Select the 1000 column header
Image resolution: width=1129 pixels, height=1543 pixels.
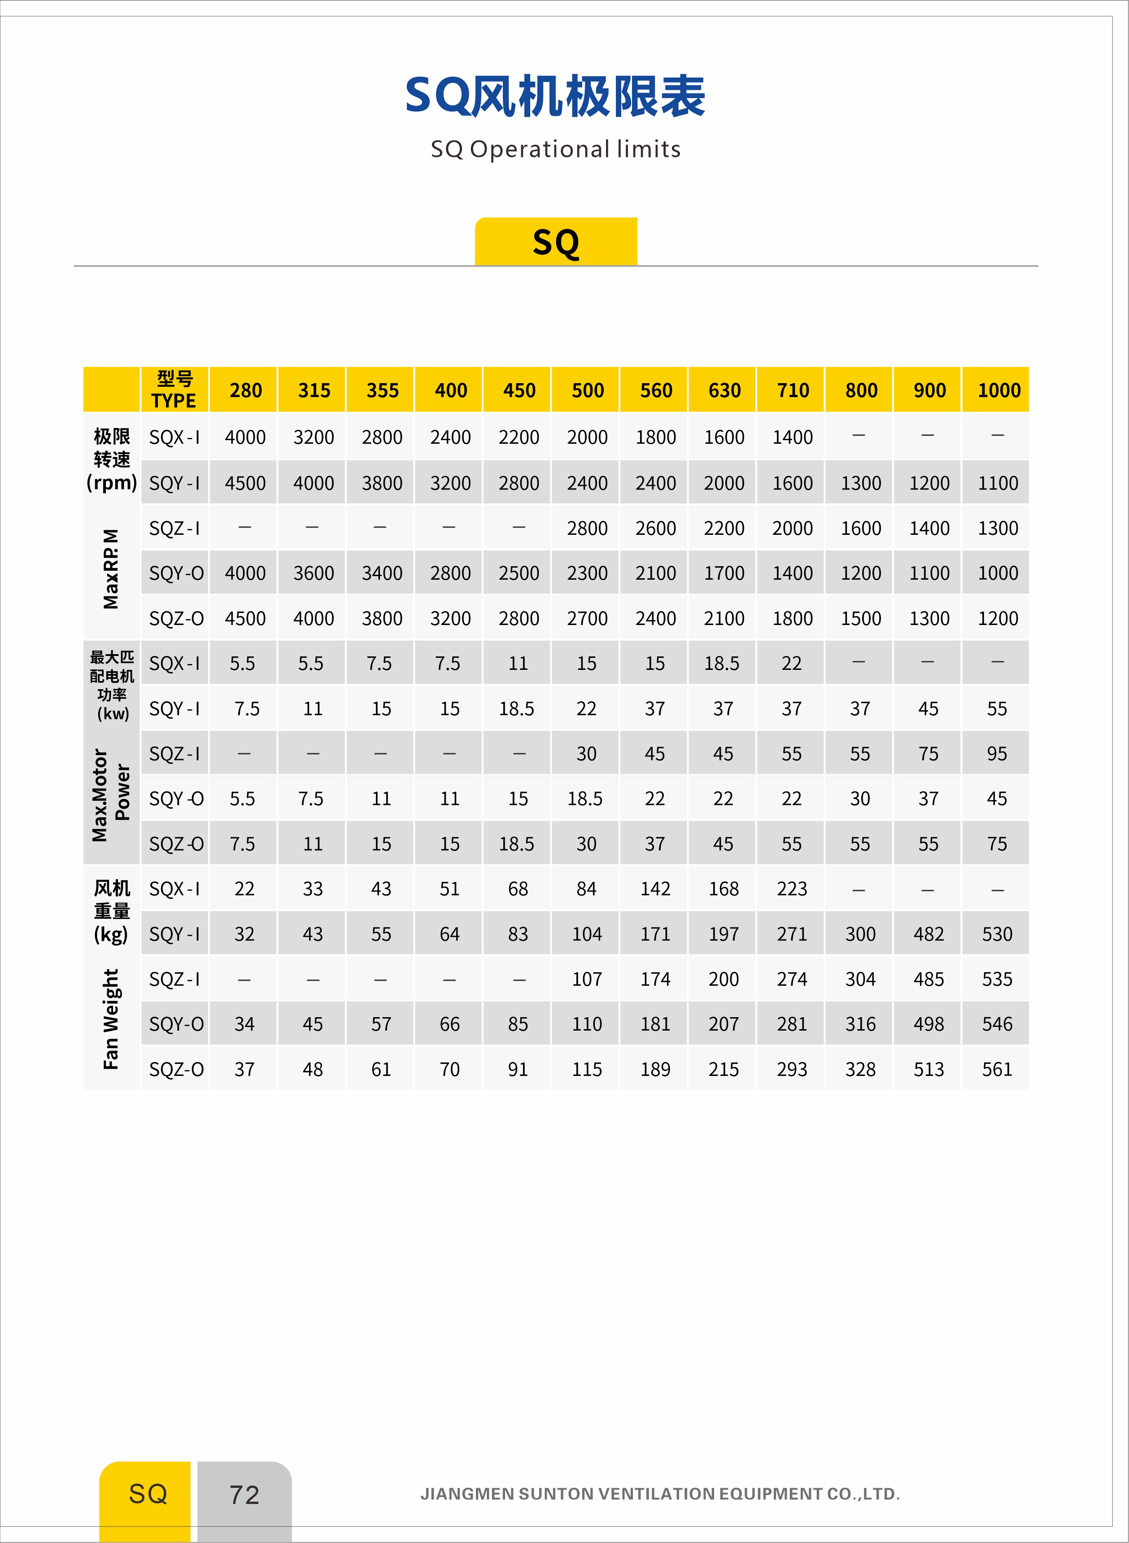click(998, 390)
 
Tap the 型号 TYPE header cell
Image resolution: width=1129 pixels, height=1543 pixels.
click(174, 390)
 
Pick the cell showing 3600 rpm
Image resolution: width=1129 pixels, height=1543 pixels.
click(314, 573)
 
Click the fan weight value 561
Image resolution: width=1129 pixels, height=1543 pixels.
click(997, 1069)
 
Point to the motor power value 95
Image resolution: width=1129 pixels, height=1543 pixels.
click(997, 753)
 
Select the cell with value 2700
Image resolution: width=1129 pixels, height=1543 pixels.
click(587, 618)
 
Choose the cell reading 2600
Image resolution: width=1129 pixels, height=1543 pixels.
click(655, 528)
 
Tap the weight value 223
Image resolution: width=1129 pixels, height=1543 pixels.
click(792, 889)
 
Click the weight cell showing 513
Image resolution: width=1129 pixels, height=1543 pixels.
click(929, 1069)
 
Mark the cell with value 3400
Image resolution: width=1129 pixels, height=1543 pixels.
click(382, 573)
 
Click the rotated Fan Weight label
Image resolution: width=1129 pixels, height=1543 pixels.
click(111, 1018)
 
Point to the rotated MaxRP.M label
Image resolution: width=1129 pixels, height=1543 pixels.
click(111, 569)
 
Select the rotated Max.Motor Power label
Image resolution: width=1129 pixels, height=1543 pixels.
click(111, 795)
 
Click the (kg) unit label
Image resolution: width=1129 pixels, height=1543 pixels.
click(111, 934)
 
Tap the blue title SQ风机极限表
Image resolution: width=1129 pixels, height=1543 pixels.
click(555, 96)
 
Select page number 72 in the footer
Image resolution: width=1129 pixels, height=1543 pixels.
click(244, 1495)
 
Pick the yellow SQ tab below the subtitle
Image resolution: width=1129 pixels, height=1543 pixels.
click(556, 242)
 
